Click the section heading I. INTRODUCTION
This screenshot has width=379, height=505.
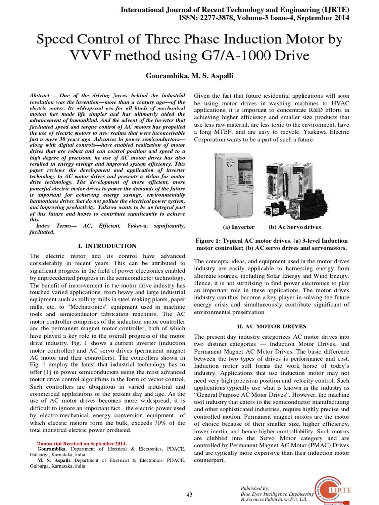click(x=108, y=246)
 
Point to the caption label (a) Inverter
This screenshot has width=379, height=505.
click(x=238, y=227)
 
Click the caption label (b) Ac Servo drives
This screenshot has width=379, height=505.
click(x=295, y=227)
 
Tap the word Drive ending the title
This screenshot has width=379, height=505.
click(x=291, y=56)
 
